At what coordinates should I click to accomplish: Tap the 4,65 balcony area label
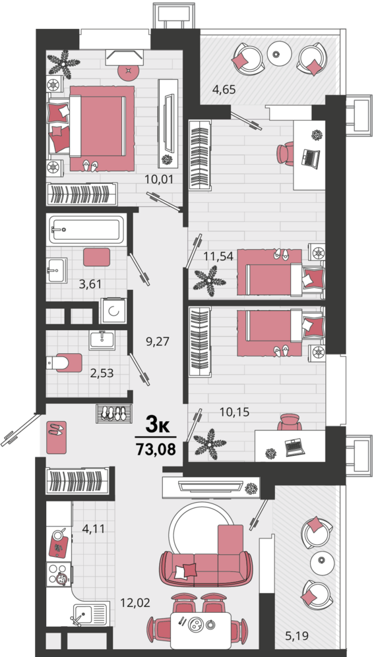224,89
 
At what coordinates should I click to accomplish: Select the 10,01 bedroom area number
159,179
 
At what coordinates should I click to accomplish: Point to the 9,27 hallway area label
158,341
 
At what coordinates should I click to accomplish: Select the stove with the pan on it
59,575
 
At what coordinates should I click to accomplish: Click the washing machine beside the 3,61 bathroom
113,310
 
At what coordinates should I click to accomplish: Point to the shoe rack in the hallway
113,413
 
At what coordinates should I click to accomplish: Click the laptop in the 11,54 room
311,157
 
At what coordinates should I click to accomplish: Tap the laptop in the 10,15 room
293,447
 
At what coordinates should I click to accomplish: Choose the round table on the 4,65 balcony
280,53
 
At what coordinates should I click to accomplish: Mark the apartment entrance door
20,430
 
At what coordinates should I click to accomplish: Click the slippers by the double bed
90,165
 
